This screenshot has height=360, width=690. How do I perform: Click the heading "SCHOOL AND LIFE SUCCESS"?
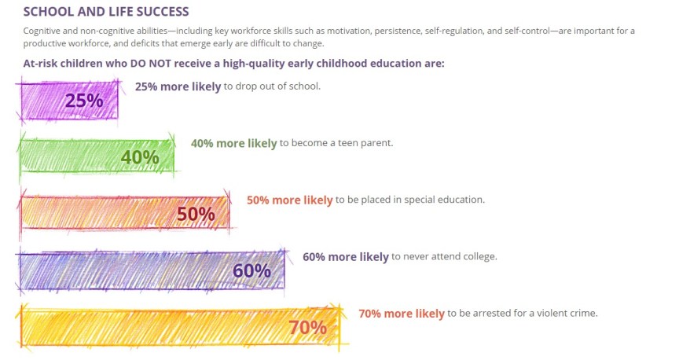coord(106,12)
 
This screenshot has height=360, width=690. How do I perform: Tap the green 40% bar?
coord(71,156)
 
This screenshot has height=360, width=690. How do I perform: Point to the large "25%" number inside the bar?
coord(84,101)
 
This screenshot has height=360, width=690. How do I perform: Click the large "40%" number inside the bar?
coord(140,157)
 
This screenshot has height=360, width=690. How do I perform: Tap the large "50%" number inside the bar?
coord(196,214)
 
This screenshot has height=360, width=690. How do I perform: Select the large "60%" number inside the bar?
coord(251,270)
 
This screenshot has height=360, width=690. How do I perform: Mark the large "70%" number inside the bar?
coord(307,327)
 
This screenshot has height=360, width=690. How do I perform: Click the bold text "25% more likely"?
coord(178,86)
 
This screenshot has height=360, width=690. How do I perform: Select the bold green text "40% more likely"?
coord(233,143)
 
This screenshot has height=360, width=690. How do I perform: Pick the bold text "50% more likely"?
coord(289,200)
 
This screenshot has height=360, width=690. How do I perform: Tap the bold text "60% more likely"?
coord(345,256)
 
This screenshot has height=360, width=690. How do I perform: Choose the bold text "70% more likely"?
coord(401,313)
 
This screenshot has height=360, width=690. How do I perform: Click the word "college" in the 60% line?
coord(478,256)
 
